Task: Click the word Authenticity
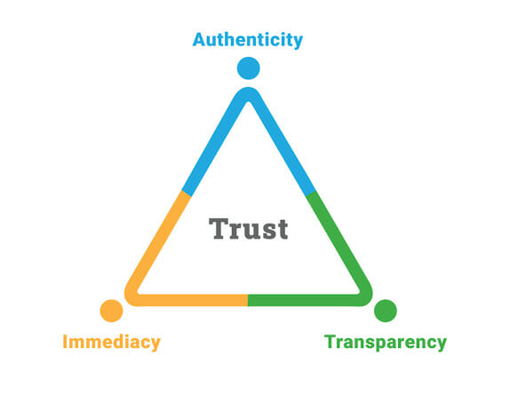[248, 40]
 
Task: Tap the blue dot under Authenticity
[248, 68]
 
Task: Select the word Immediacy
[112, 343]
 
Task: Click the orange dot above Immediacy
[112, 311]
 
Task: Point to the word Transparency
[386, 343]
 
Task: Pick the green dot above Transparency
[386, 311]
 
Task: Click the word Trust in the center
[248, 229]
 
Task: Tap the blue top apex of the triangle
[248, 92]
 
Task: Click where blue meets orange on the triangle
[186, 193]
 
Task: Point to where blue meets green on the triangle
[311, 193]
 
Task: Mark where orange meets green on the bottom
[248, 300]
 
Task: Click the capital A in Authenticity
[199, 40]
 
